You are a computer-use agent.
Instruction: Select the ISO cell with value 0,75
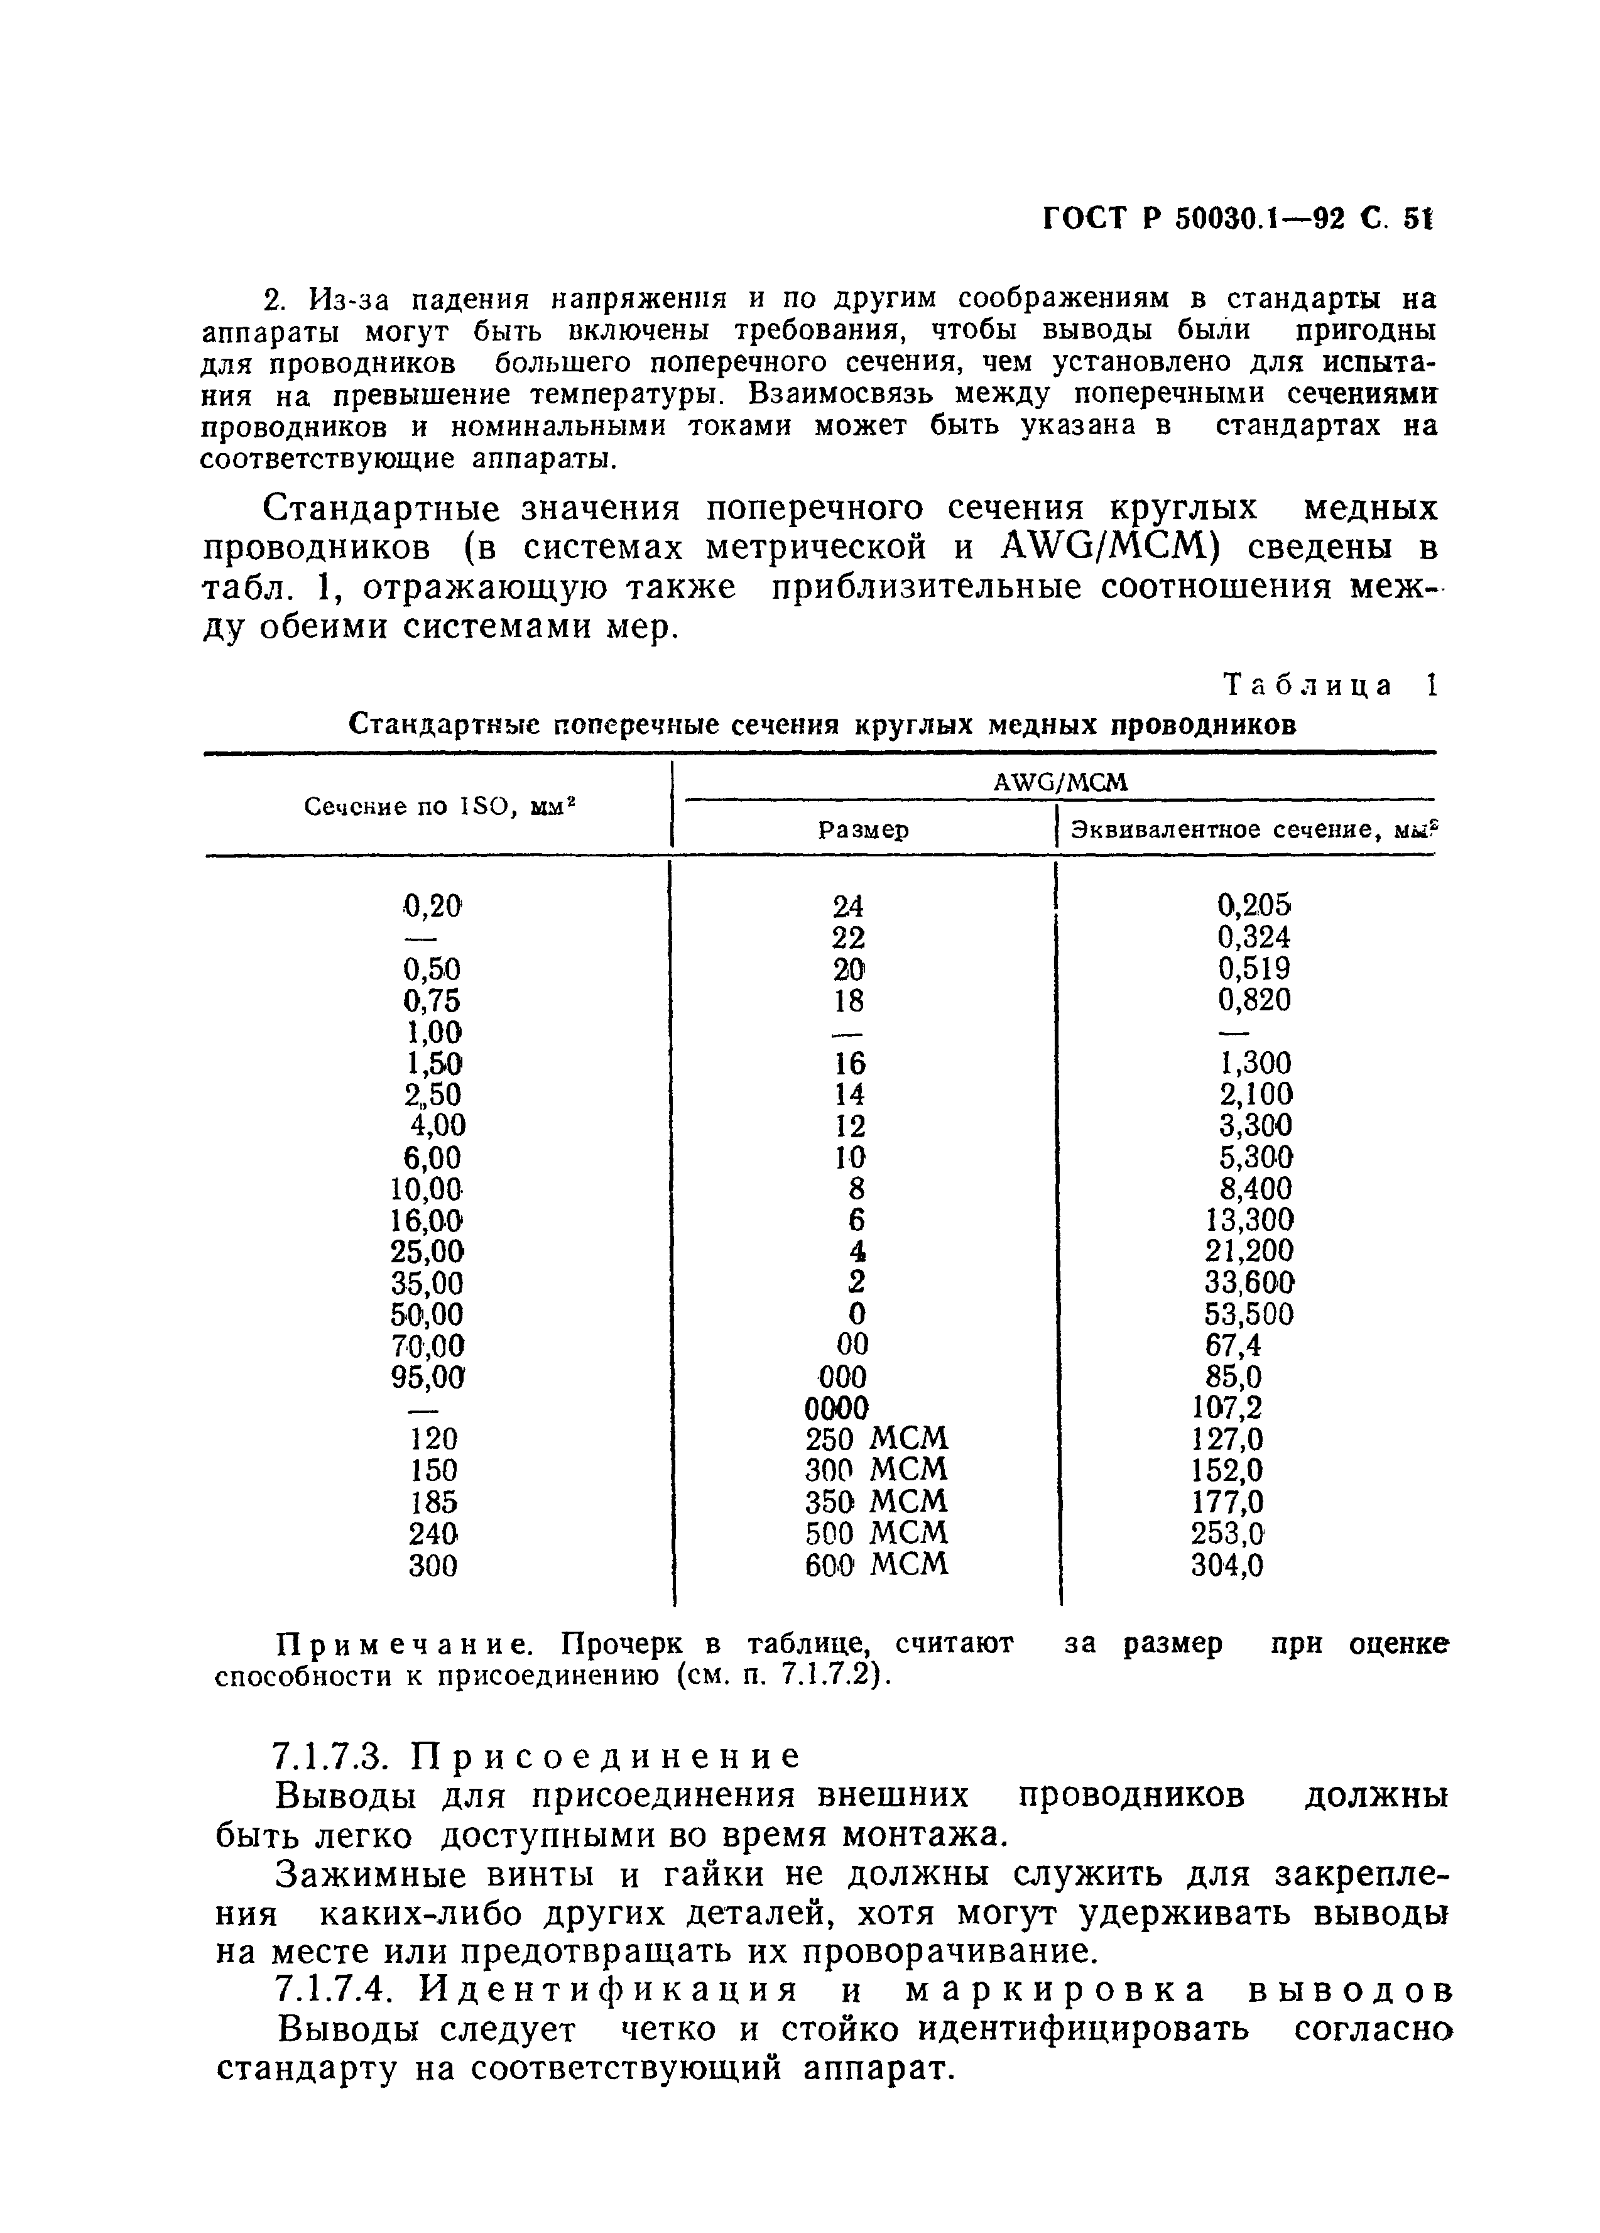[x=432, y=1000]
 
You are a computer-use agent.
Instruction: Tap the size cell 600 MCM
[x=876, y=1564]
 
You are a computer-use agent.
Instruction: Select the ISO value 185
[x=433, y=1502]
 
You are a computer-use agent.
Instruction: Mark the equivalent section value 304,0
[x=1226, y=1564]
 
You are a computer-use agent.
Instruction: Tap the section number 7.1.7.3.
[x=335, y=1757]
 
